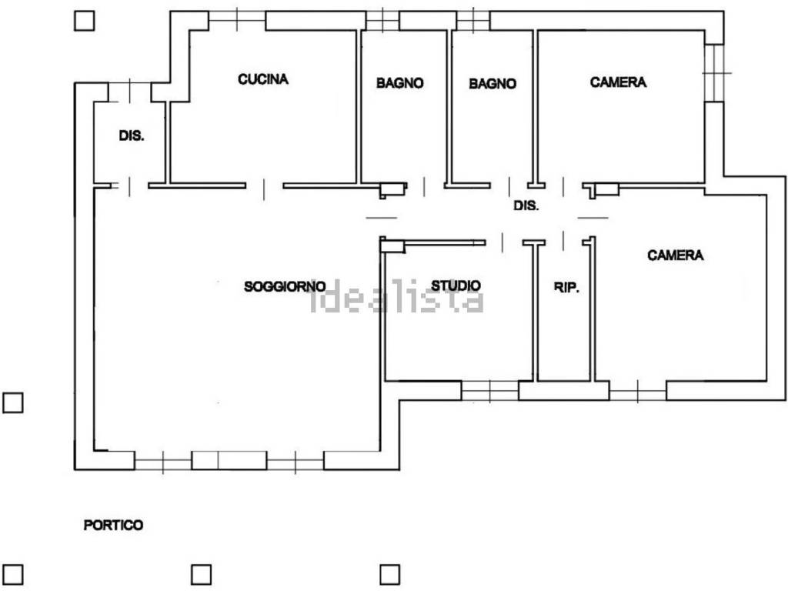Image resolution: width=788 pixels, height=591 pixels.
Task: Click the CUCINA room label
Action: [263, 79]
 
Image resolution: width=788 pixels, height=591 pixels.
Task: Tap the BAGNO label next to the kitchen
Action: [400, 83]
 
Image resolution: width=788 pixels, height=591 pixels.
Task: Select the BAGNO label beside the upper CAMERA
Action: [492, 83]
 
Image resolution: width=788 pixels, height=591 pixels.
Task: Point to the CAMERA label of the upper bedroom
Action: [618, 82]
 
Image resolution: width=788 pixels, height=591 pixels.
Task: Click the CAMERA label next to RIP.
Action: [676, 255]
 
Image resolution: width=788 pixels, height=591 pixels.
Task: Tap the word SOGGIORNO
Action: [285, 286]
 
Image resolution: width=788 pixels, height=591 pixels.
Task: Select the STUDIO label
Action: [456, 285]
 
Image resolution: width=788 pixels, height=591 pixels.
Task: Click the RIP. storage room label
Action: [566, 288]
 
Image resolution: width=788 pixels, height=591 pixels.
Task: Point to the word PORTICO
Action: [113, 525]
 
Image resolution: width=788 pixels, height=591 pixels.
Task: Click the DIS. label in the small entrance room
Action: [132, 135]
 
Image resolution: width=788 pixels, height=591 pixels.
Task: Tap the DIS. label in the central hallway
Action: [526, 205]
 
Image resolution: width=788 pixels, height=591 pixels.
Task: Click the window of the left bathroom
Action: [382, 21]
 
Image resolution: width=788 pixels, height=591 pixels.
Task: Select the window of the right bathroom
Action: [473, 21]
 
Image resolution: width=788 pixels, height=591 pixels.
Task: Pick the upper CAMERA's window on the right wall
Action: [714, 73]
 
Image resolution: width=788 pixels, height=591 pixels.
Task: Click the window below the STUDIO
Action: [490, 391]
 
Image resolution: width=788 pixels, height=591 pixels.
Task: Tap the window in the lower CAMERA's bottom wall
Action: [638, 391]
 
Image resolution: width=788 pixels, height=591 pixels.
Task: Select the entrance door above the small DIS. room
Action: [129, 92]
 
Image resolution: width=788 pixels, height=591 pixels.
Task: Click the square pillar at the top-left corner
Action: [84, 21]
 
